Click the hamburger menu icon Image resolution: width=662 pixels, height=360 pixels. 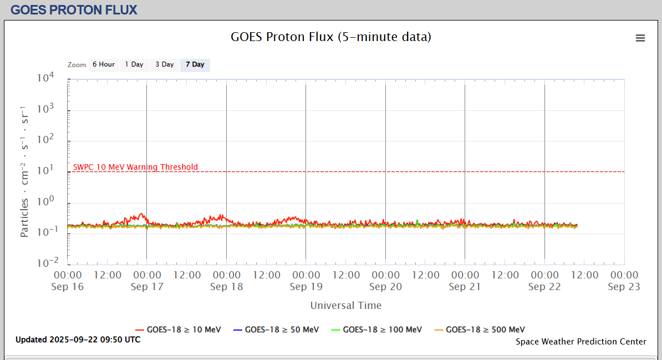[x=640, y=38]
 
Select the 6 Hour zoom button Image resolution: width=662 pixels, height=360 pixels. [x=104, y=64]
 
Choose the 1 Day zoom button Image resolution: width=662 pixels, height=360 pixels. [x=134, y=64]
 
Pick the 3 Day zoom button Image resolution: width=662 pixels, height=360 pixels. [x=164, y=64]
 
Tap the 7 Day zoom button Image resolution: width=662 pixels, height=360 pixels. [x=195, y=64]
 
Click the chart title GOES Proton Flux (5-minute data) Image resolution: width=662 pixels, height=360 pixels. [x=331, y=37]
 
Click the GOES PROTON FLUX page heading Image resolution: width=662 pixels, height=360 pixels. [x=74, y=9]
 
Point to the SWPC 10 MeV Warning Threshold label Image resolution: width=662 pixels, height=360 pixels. [x=135, y=167]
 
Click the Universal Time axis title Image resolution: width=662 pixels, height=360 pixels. [x=346, y=305]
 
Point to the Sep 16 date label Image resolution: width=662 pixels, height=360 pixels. [x=67, y=287]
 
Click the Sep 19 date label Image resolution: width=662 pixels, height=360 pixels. [x=305, y=287]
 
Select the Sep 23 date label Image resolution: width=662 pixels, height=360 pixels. [x=624, y=287]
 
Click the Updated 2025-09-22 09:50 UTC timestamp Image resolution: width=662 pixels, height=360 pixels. [x=78, y=339]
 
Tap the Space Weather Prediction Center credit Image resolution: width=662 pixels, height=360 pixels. [x=580, y=342]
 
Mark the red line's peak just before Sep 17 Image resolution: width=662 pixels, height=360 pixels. [x=142, y=214]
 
